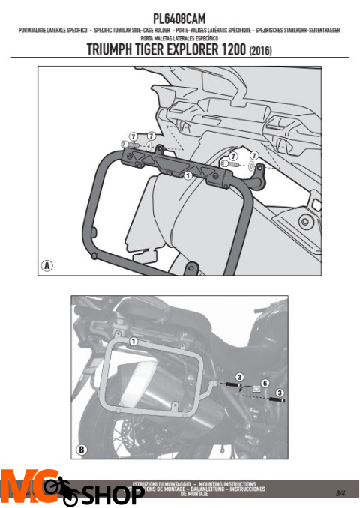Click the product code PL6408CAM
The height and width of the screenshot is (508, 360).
coord(179,17)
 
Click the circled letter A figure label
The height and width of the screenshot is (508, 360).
coord(47,265)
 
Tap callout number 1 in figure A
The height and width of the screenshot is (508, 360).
coord(187,175)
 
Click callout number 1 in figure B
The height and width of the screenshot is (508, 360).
coord(132,342)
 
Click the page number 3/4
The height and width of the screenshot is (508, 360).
coord(341,492)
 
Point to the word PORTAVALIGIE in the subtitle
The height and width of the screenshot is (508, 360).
coord(34,31)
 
